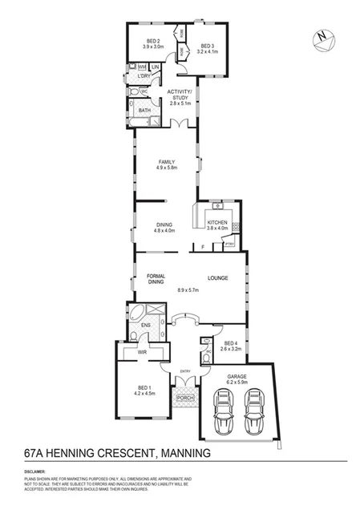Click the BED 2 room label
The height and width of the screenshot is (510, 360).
pyautogui.click(x=153, y=41)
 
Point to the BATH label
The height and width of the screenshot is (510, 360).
pyautogui.click(x=144, y=111)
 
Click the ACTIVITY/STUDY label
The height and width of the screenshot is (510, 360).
pyautogui.click(x=179, y=97)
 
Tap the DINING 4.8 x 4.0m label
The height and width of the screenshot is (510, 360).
pyautogui.click(x=164, y=227)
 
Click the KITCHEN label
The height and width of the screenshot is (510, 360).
pyautogui.click(x=218, y=222)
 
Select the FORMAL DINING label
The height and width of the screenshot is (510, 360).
pyautogui.click(x=156, y=279)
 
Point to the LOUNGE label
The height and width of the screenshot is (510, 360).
pyautogui.click(x=218, y=278)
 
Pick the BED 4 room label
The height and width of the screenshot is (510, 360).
pyautogui.click(x=230, y=346)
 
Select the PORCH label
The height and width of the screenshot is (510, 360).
pyautogui.click(x=185, y=399)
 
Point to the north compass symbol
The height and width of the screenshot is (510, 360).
pyautogui.click(x=321, y=37)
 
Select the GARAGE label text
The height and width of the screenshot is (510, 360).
pyautogui.click(x=237, y=376)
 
